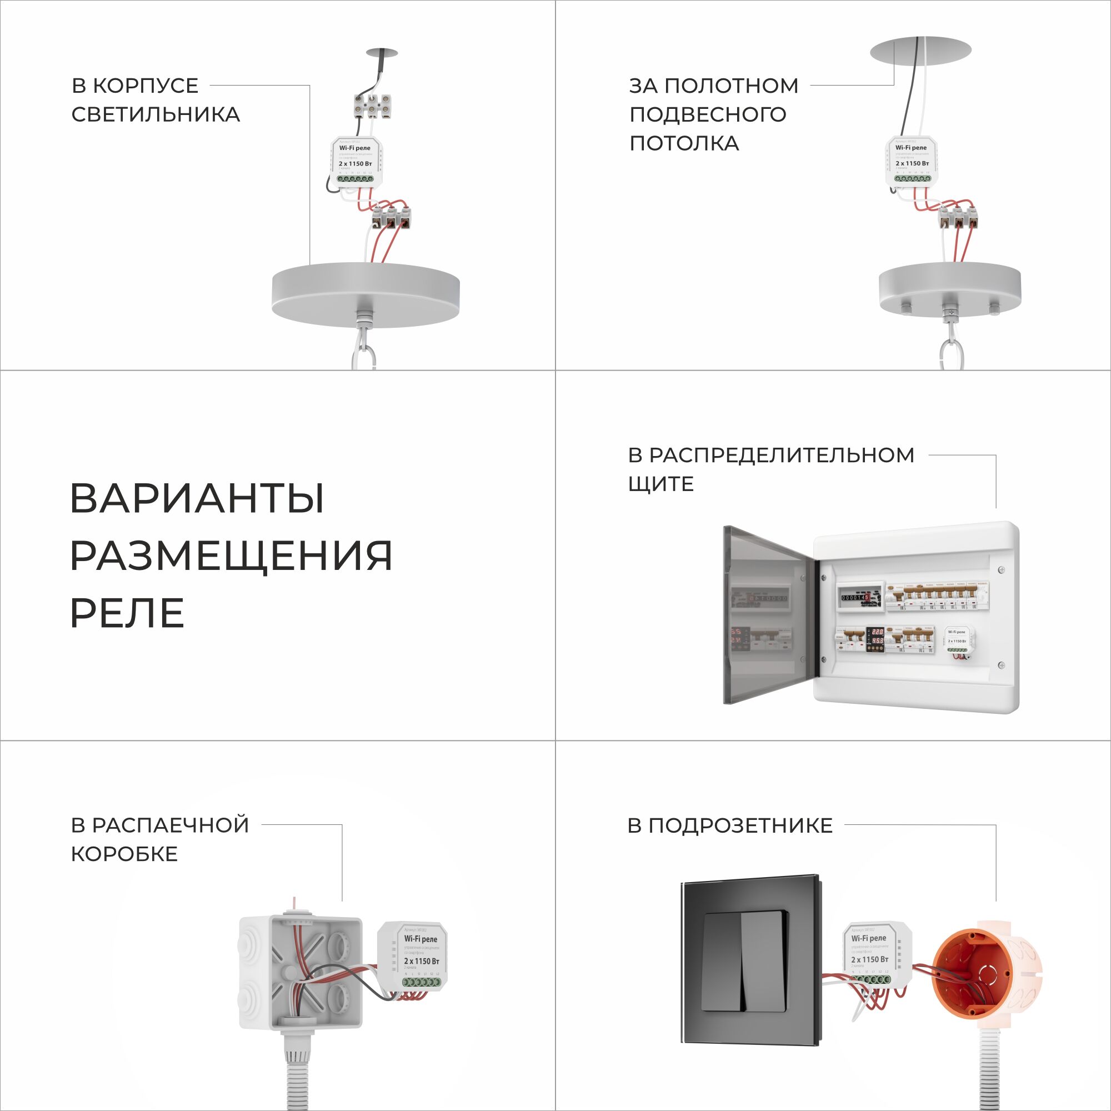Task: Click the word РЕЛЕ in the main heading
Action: coord(127,614)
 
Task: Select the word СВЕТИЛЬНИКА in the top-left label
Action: coord(156,114)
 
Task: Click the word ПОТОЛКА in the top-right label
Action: coord(684,143)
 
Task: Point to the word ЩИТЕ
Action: coord(660,484)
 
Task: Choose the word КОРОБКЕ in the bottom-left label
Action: coord(124,854)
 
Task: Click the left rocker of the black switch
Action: coord(722,961)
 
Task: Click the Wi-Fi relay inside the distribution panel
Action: coord(958,640)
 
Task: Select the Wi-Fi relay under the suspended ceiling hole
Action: coord(912,161)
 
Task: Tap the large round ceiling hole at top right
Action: coord(920,51)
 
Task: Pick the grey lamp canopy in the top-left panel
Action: coord(365,293)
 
